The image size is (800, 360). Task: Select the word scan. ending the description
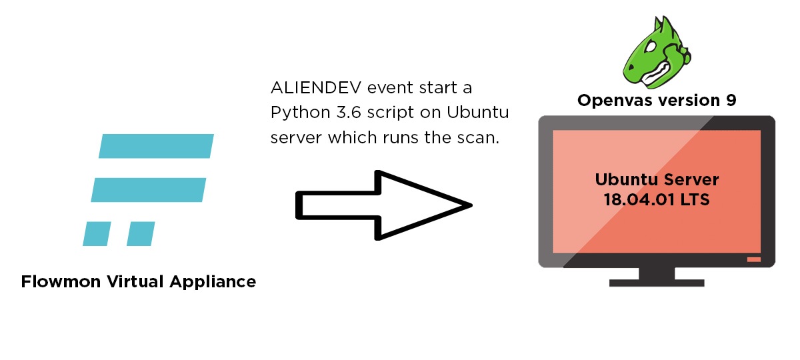coord(478,137)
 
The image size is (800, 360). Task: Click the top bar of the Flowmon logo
coord(156,147)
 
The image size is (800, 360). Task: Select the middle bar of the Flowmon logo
coord(149,189)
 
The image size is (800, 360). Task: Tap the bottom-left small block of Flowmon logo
coord(96,233)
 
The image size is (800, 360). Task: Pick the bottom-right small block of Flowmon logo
coord(141,233)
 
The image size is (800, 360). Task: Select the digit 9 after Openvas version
coord(731,101)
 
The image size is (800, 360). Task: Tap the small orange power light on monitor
coord(753,259)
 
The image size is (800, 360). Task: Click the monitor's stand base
coord(657,282)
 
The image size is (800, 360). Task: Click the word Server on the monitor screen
coord(691,179)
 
